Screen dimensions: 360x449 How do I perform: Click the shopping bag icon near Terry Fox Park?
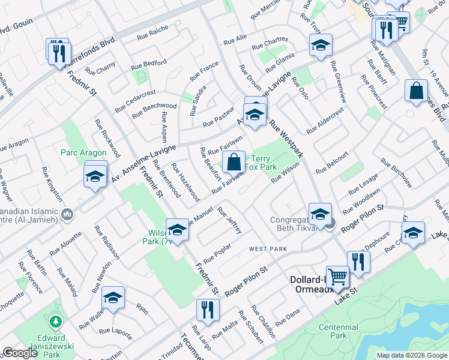(234, 162)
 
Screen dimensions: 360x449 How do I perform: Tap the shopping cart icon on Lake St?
(338, 277)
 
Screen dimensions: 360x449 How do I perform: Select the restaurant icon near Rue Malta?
(208, 310)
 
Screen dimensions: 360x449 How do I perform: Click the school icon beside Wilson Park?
(177, 230)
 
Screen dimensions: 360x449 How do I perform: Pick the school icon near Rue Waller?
(112, 298)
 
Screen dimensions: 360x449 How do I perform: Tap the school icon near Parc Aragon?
(95, 176)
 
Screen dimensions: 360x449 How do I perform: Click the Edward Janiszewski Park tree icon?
(56, 322)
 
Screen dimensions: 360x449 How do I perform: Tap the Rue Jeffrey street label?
(230, 220)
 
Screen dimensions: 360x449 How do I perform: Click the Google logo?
(20, 353)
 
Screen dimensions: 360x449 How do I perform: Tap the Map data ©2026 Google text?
(411, 355)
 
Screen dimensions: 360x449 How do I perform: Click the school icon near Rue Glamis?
(321, 45)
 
